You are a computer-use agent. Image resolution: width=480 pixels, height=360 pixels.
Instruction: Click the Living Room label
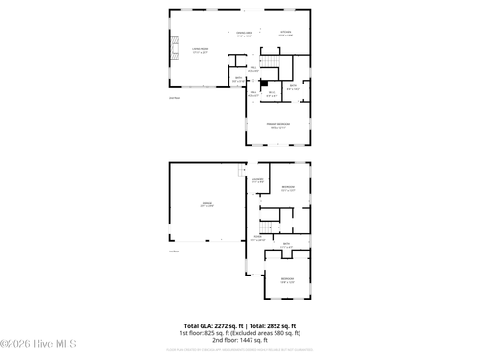pyautogui.click(x=200, y=49)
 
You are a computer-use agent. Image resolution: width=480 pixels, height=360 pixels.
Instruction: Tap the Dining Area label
pyautogui.click(x=244, y=34)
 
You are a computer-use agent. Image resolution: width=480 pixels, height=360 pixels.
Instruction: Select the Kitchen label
pyautogui.click(x=285, y=34)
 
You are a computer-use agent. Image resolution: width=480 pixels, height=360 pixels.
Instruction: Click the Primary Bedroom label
pyautogui.click(x=278, y=126)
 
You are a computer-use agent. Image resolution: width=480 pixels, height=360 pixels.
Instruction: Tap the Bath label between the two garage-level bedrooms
pyautogui.click(x=286, y=246)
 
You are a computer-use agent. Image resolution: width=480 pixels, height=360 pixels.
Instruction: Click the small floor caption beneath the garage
pyautogui.click(x=174, y=252)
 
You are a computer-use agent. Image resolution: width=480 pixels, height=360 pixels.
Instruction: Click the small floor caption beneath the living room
pyautogui.click(x=174, y=98)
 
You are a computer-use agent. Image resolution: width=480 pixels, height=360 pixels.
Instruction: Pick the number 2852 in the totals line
pyautogui.click(x=274, y=326)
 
